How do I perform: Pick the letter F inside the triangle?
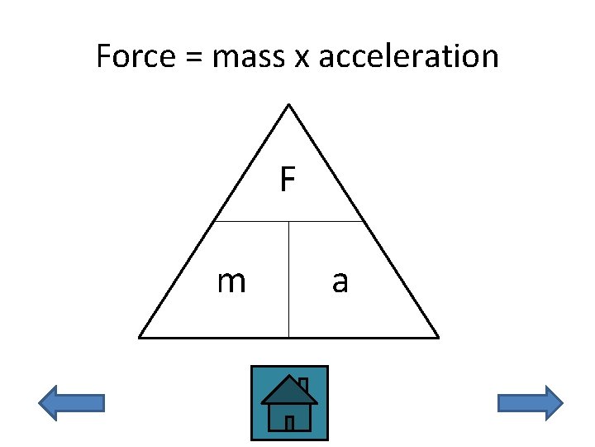click(x=287, y=179)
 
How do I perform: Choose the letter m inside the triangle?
click(x=231, y=282)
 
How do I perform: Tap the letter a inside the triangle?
click(x=340, y=282)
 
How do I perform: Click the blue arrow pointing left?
click(x=72, y=403)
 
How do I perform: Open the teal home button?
click(x=289, y=402)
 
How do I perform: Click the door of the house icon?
click(x=289, y=423)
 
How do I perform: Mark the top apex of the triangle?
click(x=288, y=105)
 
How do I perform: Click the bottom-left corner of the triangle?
click(x=140, y=337)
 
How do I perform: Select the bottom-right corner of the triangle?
click(x=437, y=337)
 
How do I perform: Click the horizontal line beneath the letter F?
click(x=248, y=221)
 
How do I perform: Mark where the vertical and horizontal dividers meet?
click(x=288, y=221)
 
